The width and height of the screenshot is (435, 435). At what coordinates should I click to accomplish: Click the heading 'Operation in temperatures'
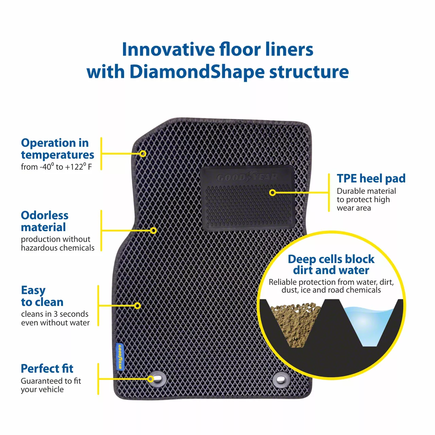57,149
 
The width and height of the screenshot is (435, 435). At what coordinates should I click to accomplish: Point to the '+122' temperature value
75,167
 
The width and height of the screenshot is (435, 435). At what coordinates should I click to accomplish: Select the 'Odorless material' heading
45,221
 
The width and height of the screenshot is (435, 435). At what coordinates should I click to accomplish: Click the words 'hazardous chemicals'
57,248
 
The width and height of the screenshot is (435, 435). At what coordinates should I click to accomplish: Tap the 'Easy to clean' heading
42,296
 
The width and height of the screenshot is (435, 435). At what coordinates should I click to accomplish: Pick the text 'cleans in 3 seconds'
55,314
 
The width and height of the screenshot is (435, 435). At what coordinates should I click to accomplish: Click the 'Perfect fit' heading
47,369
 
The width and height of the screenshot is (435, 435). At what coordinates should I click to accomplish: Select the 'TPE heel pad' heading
371,178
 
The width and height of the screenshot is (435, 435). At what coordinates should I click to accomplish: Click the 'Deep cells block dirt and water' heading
331,264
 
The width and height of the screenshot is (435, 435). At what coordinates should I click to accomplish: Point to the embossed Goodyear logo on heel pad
247,177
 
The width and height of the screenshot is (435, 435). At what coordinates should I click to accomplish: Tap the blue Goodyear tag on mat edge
120,356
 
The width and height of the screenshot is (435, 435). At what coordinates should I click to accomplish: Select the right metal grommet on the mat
281,379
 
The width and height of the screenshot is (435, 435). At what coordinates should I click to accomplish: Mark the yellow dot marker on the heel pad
272,193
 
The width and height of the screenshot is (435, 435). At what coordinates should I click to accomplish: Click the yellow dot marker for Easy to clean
137,306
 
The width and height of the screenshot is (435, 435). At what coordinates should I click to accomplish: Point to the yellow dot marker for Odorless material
153,230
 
